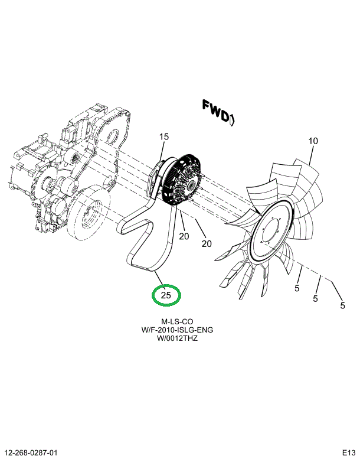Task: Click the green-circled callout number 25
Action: [166, 295]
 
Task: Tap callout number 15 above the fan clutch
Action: [163, 137]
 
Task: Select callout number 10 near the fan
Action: [313, 141]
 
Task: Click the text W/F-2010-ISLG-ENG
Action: [168, 330]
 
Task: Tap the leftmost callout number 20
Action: [184, 236]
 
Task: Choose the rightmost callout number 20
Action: [206, 243]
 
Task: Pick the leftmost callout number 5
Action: [297, 289]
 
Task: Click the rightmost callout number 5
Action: [342, 305]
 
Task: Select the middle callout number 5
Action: [316, 299]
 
